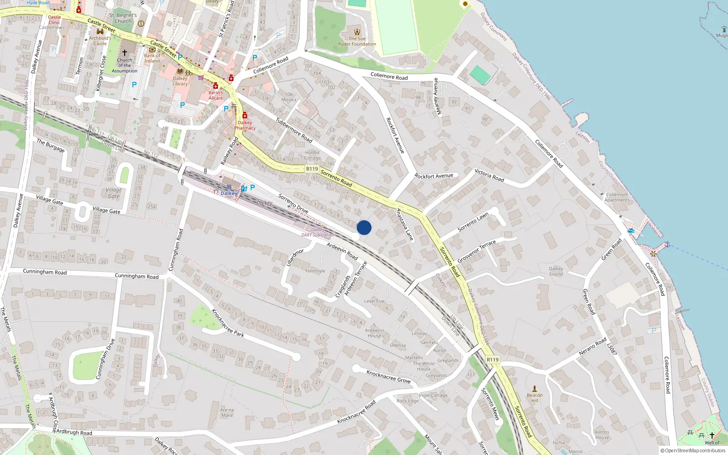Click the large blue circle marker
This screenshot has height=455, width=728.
[364, 227]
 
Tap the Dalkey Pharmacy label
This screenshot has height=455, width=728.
[245, 125]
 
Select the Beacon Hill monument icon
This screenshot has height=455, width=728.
[535, 389]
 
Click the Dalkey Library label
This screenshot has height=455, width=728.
[180, 81]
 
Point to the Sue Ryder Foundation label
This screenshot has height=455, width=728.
[357, 41]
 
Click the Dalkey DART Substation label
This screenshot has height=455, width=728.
[318, 233]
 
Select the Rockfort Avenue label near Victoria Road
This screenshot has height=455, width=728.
[434, 176]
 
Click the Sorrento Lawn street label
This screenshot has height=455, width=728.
[473, 222]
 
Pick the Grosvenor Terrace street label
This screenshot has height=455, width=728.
[476, 252]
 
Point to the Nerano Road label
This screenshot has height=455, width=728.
[592, 347]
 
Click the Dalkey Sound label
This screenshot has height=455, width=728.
[556, 271]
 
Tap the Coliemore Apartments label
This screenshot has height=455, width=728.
[617, 197]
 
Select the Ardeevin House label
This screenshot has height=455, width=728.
[374, 333]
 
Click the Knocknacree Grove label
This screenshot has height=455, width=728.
[389, 377]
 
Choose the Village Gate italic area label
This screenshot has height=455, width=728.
[114, 193]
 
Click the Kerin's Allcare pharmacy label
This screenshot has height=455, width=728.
[216, 95]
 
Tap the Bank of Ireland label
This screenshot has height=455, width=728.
[152, 58]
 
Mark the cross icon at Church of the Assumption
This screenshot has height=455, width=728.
[125, 53]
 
